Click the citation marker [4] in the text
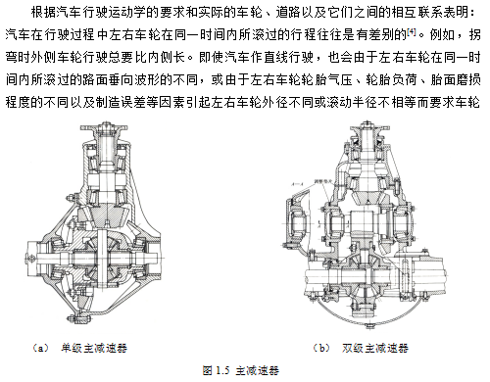tap(412, 32)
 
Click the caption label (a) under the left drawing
tap(41, 348)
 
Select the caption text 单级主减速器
tap(94, 348)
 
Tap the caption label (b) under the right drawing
tap(321, 348)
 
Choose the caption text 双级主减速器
tap(375, 348)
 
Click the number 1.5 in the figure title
tap(222, 370)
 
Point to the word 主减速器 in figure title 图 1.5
tap(257, 370)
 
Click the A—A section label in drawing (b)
tap(297, 184)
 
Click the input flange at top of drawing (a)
tap(104, 127)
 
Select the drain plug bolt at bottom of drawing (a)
tap(74, 317)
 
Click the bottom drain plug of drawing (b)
tap(370, 325)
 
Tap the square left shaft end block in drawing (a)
tap(31, 258)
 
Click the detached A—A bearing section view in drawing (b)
tap(297, 222)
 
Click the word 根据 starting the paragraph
tap(43, 12)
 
